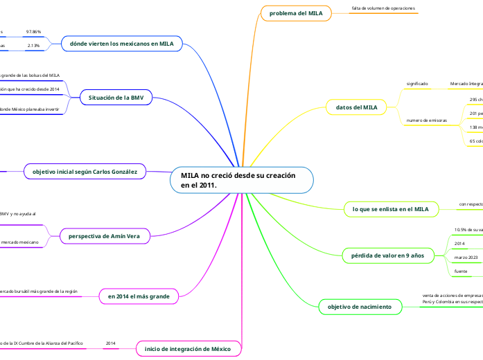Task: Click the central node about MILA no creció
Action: coord(241,181)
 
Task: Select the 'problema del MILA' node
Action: coord(296,13)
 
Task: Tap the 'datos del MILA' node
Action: coord(356,107)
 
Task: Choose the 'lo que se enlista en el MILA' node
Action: coord(390,208)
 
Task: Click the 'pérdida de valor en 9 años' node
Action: coord(388,255)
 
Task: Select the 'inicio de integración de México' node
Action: coord(188,348)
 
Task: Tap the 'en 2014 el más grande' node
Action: coord(139,296)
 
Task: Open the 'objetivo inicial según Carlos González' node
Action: coord(85,171)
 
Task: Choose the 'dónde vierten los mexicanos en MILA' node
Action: coord(122,44)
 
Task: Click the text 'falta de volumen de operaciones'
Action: coord(383,8)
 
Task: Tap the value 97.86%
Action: coord(33,32)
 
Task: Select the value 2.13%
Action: coord(33,46)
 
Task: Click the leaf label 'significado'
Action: coord(417,84)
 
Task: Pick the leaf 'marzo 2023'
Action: coord(466,257)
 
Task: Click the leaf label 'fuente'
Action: coord(460,271)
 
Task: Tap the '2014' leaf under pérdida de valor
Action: coord(459,244)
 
